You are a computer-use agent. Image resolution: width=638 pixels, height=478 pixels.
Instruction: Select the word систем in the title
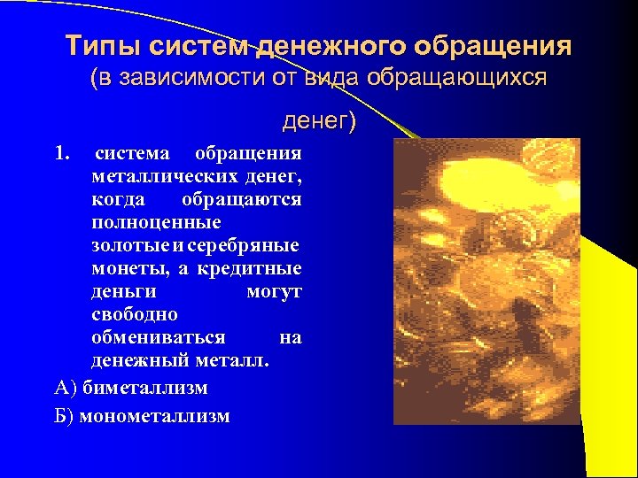pos(198,46)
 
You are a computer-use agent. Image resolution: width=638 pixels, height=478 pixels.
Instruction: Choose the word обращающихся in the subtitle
pos(470,79)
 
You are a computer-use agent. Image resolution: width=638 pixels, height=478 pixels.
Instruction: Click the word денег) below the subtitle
pos(318,119)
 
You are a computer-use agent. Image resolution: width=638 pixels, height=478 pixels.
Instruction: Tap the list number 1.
pos(61,153)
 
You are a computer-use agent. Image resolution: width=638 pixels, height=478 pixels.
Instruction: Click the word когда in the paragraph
pos(116,199)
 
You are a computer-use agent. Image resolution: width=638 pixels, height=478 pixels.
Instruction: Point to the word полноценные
pos(156,222)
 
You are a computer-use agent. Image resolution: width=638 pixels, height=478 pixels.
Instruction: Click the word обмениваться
pos(158,337)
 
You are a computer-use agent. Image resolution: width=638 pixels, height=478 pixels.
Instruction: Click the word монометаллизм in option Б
pos(154,416)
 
